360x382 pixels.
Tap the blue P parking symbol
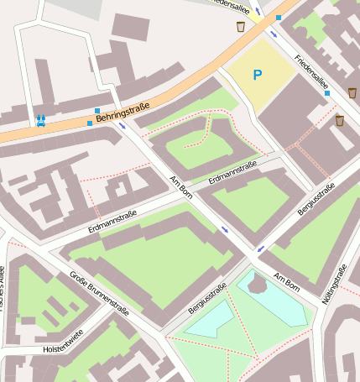click(x=258, y=76)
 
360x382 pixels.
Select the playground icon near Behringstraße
click(x=40, y=121)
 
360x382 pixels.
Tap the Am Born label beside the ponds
click(x=285, y=283)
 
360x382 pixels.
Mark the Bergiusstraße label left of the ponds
click(x=208, y=299)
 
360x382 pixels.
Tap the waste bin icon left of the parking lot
click(x=241, y=27)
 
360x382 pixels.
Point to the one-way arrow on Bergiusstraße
click(x=261, y=249)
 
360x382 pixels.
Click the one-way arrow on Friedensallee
click(x=274, y=34)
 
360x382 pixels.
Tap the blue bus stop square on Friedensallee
click(x=326, y=93)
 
